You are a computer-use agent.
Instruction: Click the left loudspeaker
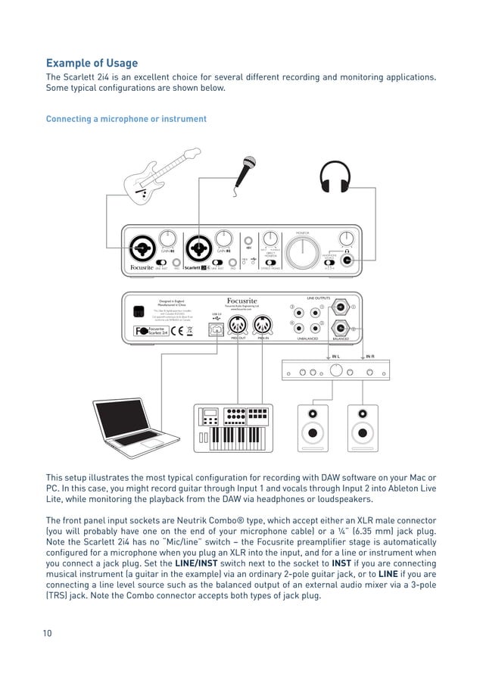tap(312, 429)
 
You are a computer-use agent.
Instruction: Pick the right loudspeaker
tap(363, 429)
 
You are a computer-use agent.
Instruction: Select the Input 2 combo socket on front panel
tap(200, 247)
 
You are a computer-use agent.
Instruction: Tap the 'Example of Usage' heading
tap(92, 63)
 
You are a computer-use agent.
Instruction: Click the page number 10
tap(48, 633)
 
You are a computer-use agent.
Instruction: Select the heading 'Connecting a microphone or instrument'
tap(126, 119)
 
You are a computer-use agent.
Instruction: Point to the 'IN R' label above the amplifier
tap(370, 356)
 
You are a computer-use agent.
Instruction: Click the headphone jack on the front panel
tap(347, 260)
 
